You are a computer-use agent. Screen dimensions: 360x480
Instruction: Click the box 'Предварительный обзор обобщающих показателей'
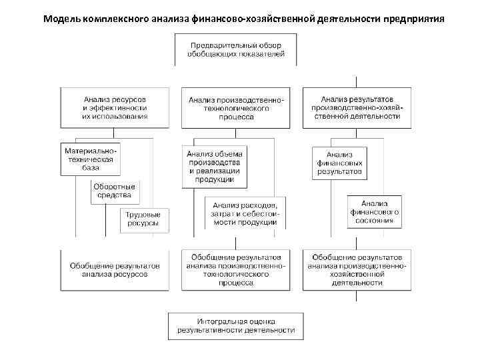click(236, 49)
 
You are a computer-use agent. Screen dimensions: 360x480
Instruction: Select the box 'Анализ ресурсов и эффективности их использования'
click(115, 107)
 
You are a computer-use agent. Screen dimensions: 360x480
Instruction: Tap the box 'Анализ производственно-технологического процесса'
click(236, 108)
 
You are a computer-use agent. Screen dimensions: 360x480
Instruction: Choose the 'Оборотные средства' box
click(115, 191)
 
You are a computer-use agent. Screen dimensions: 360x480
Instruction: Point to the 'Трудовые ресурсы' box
click(144, 219)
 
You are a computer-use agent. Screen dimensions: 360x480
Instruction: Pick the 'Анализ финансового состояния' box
click(374, 211)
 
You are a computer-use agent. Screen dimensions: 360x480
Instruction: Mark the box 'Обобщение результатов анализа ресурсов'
click(115, 269)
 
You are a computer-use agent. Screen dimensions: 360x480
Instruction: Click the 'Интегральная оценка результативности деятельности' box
click(236, 324)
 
